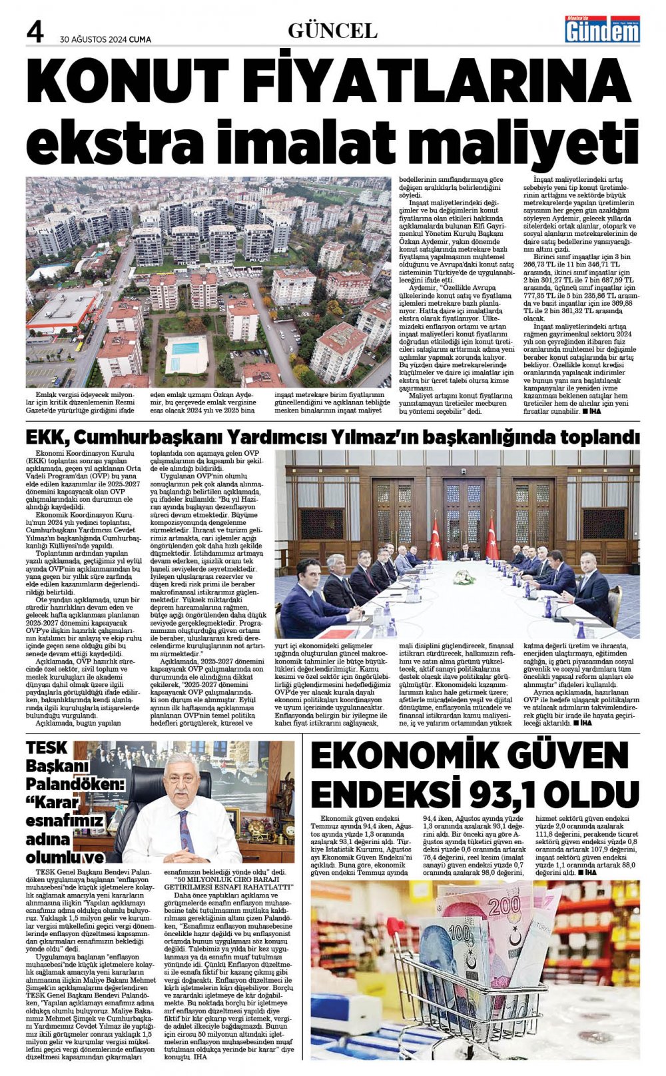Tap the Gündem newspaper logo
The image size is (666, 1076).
click(x=602, y=29)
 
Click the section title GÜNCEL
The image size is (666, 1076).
click(x=332, y=30)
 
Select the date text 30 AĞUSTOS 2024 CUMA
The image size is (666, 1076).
click(x=105, y=39)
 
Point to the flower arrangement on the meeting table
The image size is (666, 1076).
click(x=464, y=577)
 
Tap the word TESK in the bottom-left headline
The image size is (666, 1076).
click(x=47, y=748)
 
